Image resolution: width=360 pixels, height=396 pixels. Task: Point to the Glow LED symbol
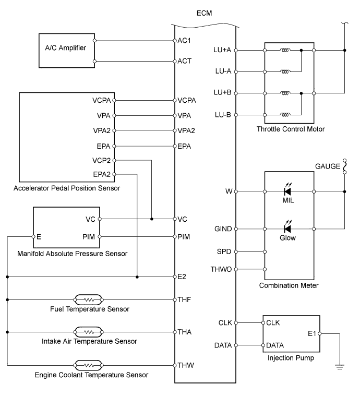pos(287,229)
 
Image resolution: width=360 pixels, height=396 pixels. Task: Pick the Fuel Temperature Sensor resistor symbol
pos(89,299)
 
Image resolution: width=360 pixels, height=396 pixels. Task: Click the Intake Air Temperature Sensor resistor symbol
pos(89,332)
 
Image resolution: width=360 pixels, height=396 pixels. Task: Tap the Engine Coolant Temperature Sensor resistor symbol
pos(89,365)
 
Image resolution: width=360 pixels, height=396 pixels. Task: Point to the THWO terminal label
pos(220,269)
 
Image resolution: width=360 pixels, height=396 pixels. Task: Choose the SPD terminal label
pos(223,251)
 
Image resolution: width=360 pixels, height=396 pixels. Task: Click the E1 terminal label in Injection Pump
pos(311,333)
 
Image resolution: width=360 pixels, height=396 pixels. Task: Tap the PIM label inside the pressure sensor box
pos(89,236)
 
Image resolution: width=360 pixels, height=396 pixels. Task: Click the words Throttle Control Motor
pos(291,129)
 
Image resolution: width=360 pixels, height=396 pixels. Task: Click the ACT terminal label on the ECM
pos(185,61)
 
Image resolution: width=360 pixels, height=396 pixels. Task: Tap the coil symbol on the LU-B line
pos(285,114)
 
